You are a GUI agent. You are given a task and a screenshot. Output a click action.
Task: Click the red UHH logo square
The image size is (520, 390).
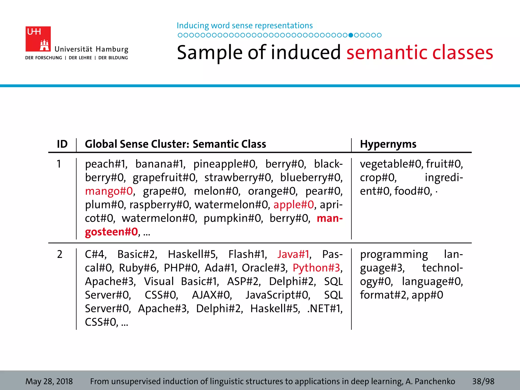(x=38, y=39)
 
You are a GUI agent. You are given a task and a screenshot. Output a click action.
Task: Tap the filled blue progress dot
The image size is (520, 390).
(x=351, y=35)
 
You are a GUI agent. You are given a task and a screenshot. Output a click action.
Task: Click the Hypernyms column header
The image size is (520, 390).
(x=388, y=144)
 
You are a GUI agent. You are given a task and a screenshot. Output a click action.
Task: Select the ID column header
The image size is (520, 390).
(x=62, y=144)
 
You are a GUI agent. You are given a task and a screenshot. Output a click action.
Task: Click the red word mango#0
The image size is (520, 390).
(x=109, y=191)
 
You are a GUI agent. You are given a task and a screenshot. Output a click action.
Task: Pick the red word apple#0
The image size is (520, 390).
(x=294, y=205)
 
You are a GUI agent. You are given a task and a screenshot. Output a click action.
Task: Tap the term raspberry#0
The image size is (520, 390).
(x=160, y=205)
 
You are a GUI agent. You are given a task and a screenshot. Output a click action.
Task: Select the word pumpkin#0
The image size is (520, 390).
(x=232, y=218)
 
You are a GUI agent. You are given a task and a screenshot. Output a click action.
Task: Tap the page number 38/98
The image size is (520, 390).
(x=483, y=381)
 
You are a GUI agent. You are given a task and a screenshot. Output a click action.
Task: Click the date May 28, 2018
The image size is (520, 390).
(x=49, y=381)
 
